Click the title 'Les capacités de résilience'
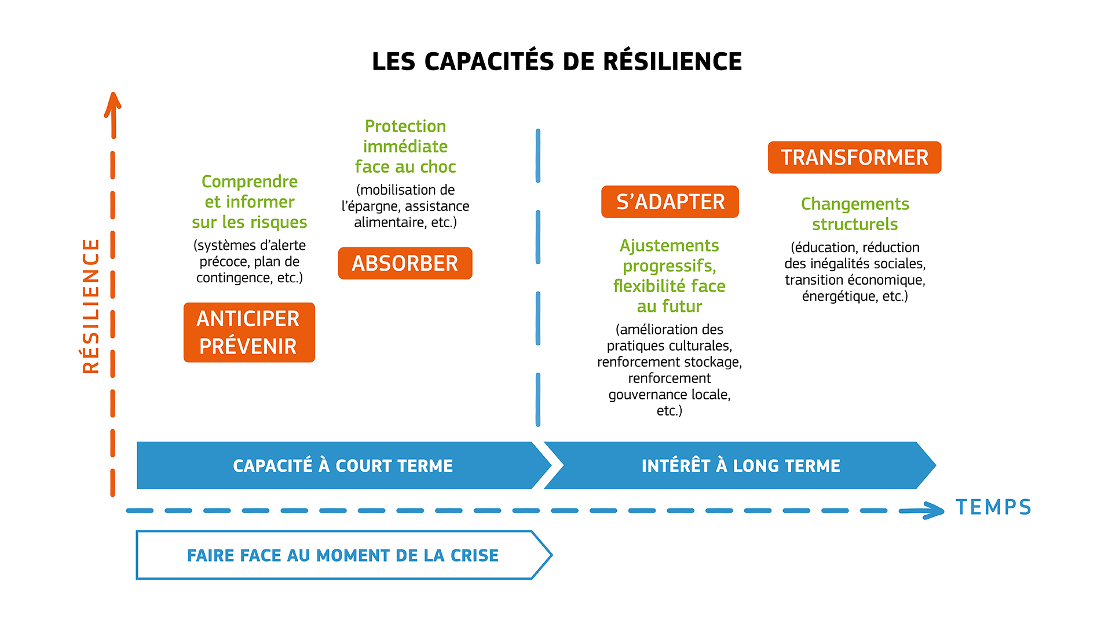[x=557, y=61]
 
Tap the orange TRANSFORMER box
[x=854, y=158]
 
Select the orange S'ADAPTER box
[x=670, y=202]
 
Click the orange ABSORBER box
[x=405, y=263]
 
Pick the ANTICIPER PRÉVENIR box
[x=249, y=333]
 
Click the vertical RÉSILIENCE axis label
[x=91, y=306]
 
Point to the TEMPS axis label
[x=993, y=507]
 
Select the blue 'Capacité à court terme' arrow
[x=344, y=465]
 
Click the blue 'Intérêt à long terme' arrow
[x=740, y=465]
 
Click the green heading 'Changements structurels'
[x=855, y=214]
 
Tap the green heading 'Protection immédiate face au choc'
[x=405, y=147]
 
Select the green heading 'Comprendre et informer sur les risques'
[x=250, y=202]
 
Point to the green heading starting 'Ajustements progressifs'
[x=670, y=276]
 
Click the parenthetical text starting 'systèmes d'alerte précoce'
[x=250, y=261]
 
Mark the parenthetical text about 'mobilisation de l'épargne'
[x=405, y=206]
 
